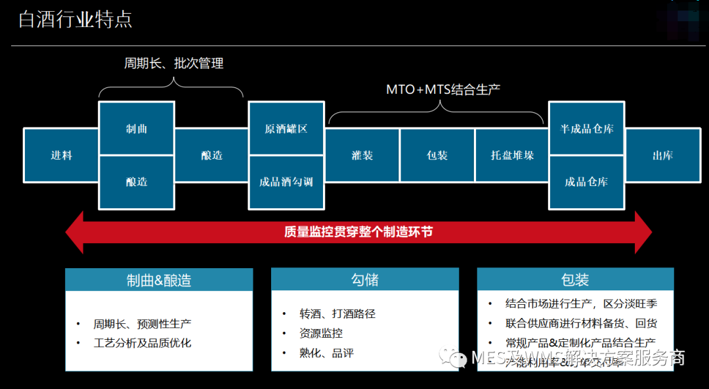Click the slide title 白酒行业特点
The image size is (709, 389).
(75, 20)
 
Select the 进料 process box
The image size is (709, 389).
(61, 156)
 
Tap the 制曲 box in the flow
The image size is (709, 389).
(137, 129)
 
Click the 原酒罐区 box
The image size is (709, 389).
(286, 129)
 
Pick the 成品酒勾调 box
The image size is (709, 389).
(286, 182)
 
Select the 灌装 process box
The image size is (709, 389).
(362, 156)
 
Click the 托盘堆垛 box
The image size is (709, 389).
(512, 156)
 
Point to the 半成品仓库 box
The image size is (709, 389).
(586, 129)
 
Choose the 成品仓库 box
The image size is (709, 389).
(586, 182)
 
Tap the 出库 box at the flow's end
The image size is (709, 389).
(662, 156)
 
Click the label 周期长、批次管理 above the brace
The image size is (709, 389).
(174, 64)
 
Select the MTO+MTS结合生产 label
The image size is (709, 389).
(443, 89)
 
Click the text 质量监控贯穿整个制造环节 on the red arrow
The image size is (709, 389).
(358, 232)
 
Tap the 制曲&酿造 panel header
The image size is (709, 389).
(159, 281)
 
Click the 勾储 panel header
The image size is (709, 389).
(365, 281)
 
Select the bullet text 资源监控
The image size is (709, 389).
(321, 334)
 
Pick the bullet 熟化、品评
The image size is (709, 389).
(327, 354)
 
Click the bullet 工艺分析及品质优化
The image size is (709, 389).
(142, 343)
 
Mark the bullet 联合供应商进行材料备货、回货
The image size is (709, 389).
(581, 323)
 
